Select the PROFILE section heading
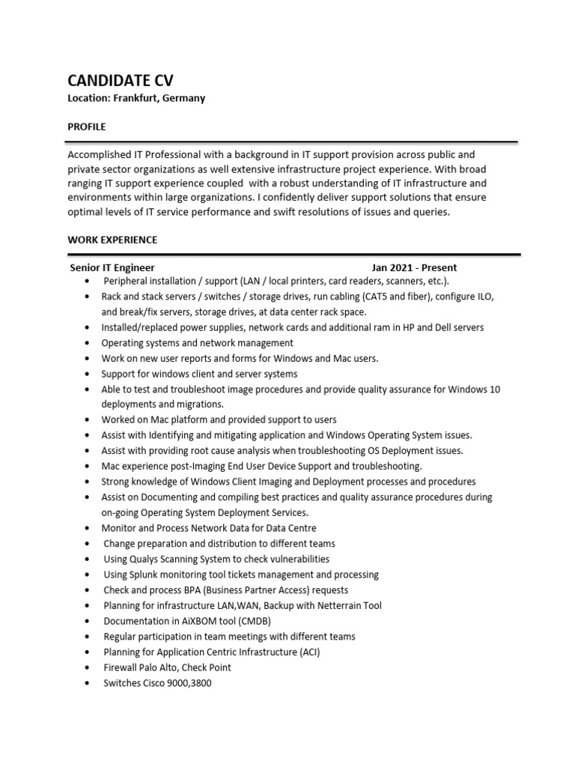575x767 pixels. click(x=87, y=127)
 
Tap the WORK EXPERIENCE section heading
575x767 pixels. click(x=112, y=240)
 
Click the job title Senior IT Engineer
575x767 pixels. click(x=112, y=267)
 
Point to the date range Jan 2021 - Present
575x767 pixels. click(x=414, y=267)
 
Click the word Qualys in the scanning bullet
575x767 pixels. click(x=149, y=559)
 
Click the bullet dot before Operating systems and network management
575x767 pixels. click(x=88, y=343)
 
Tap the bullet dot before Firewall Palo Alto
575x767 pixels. click(x=88, y=667)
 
